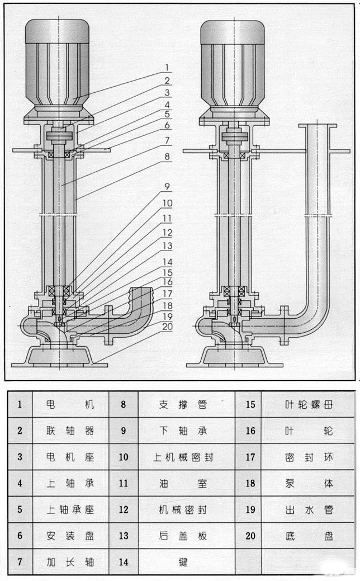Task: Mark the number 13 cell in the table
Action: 124,536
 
